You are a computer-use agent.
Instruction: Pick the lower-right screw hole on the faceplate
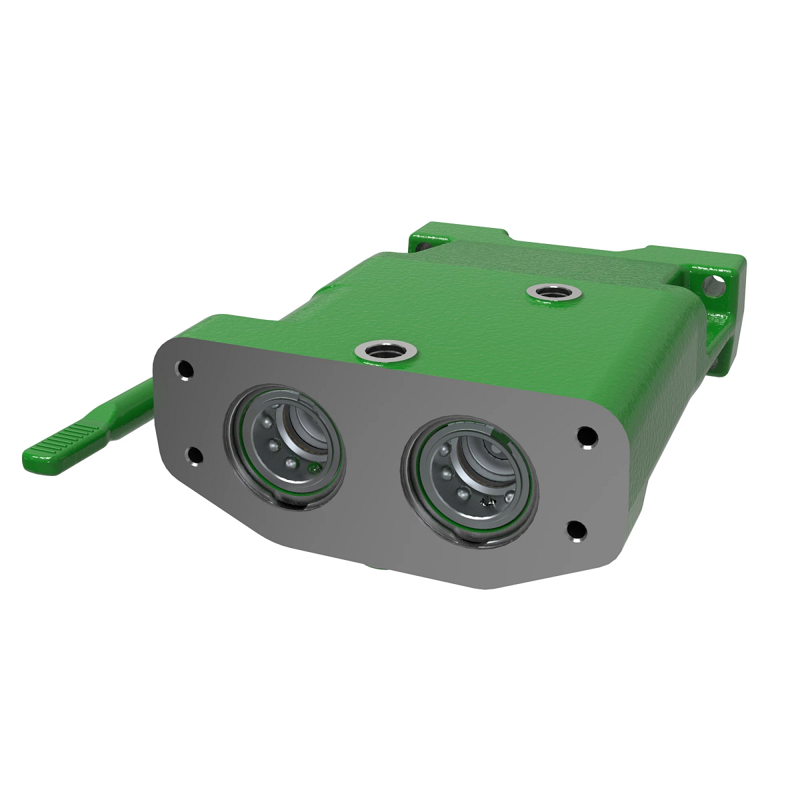(x=575, y=531)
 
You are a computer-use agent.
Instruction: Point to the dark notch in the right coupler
(x=490, y=502)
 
